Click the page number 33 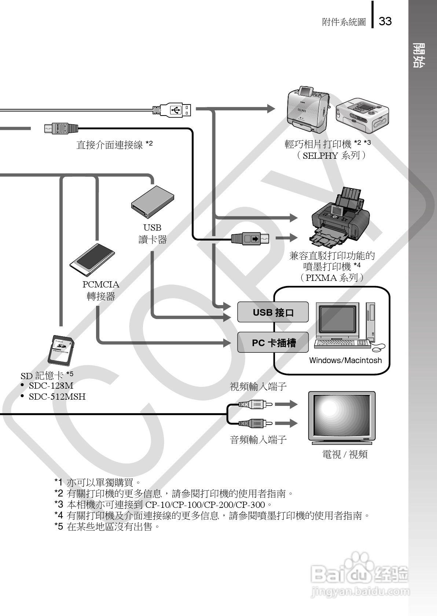pyautogui.click(x=385, y=21)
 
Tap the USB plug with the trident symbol pyautogui.click(x=176, y=110)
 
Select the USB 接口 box pyautogui.click(x=273, y=312)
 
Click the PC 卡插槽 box pyautogui.click(x=273, y=343)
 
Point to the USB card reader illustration pyautogui.click(x=153, y=202)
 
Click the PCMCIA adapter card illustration pyautogui.click(x=92, y=260)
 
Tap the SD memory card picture pyautogui.click(x=62, y=350)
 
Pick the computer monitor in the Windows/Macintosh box pyautogui.click(x=337, y=319)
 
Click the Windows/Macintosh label pyautogui.click(x=345, y=360)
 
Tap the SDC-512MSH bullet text pyautogui.click(x=57, y=397)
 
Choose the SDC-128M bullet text pyautogui.click(x=51, y=386)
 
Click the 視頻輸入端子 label pyautogui.click(x=258, y=387)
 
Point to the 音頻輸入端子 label pyautogui.click(x=258, y=440)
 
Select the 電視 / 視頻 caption pyautogui.click(x=345, y=455)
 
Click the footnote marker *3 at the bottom pyautogui.click(x=59, y=505)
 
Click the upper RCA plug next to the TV pyautogui.click(x=255, y=404)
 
